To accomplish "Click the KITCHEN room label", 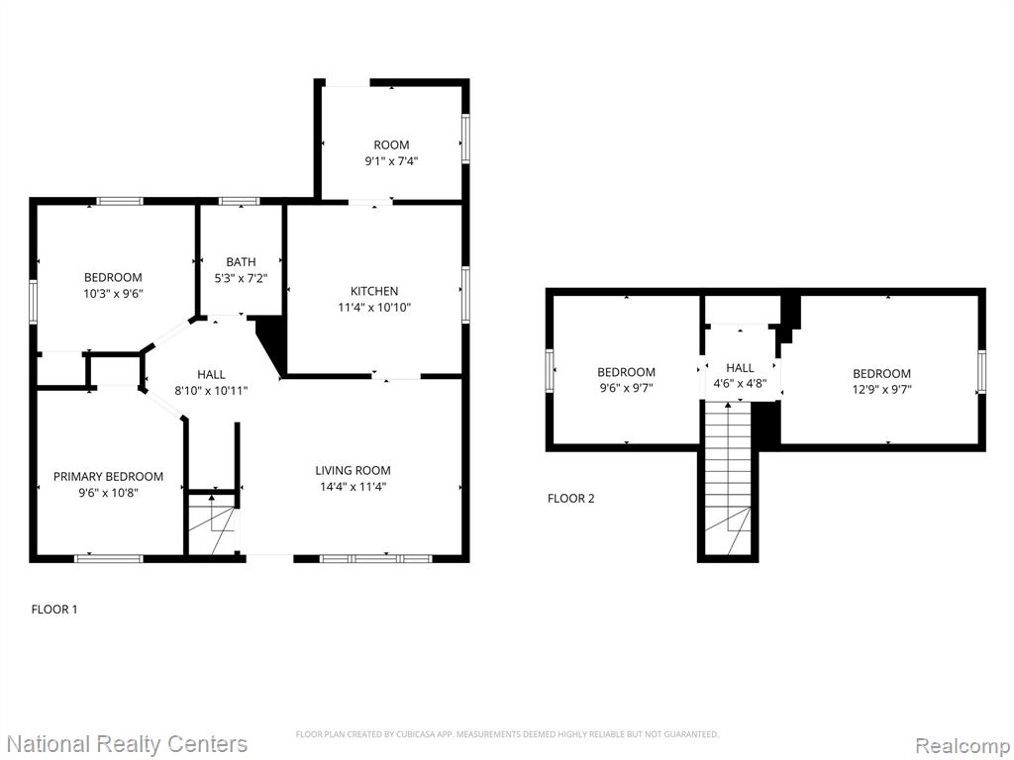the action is pos(373,291).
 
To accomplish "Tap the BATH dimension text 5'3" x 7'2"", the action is pos(241,278).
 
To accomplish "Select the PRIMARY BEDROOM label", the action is pos(108,476).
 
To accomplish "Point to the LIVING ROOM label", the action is pos(354,470).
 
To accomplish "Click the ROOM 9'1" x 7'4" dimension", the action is pos(391,161).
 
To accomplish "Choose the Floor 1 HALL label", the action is pos(211,374).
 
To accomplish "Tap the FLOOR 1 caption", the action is pos(54,609).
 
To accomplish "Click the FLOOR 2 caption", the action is pos(571,499).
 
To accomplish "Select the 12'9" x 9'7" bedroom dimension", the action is pos(881,390).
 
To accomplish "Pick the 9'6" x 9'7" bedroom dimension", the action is pos(626,388).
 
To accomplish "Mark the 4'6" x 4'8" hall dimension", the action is pos(740,383).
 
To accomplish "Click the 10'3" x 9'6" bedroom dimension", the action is pos(113,293).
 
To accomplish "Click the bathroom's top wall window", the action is pos(239,201).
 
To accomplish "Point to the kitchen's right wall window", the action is pos(465,294).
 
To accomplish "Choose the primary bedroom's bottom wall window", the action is pos(109,558).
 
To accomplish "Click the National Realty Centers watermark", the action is pos(128,744).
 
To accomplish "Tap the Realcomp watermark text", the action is pos(962,746).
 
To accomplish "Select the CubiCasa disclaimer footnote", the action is pos(507,734).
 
